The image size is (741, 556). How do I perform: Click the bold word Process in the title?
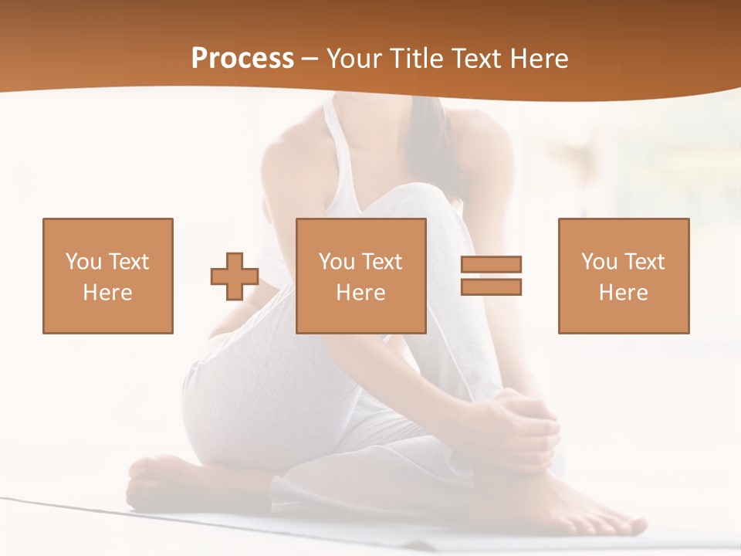242,59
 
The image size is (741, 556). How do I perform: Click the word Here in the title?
536,59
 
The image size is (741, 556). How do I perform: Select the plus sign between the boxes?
235,276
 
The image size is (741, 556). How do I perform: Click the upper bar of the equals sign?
491,264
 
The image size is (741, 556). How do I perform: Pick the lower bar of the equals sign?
491,286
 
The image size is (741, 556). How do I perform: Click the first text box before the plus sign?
108,276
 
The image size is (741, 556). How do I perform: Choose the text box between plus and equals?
360,276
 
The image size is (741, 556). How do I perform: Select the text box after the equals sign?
623,276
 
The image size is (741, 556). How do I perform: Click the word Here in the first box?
107,293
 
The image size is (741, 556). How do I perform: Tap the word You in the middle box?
337,262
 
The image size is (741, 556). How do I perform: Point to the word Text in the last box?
645,262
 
